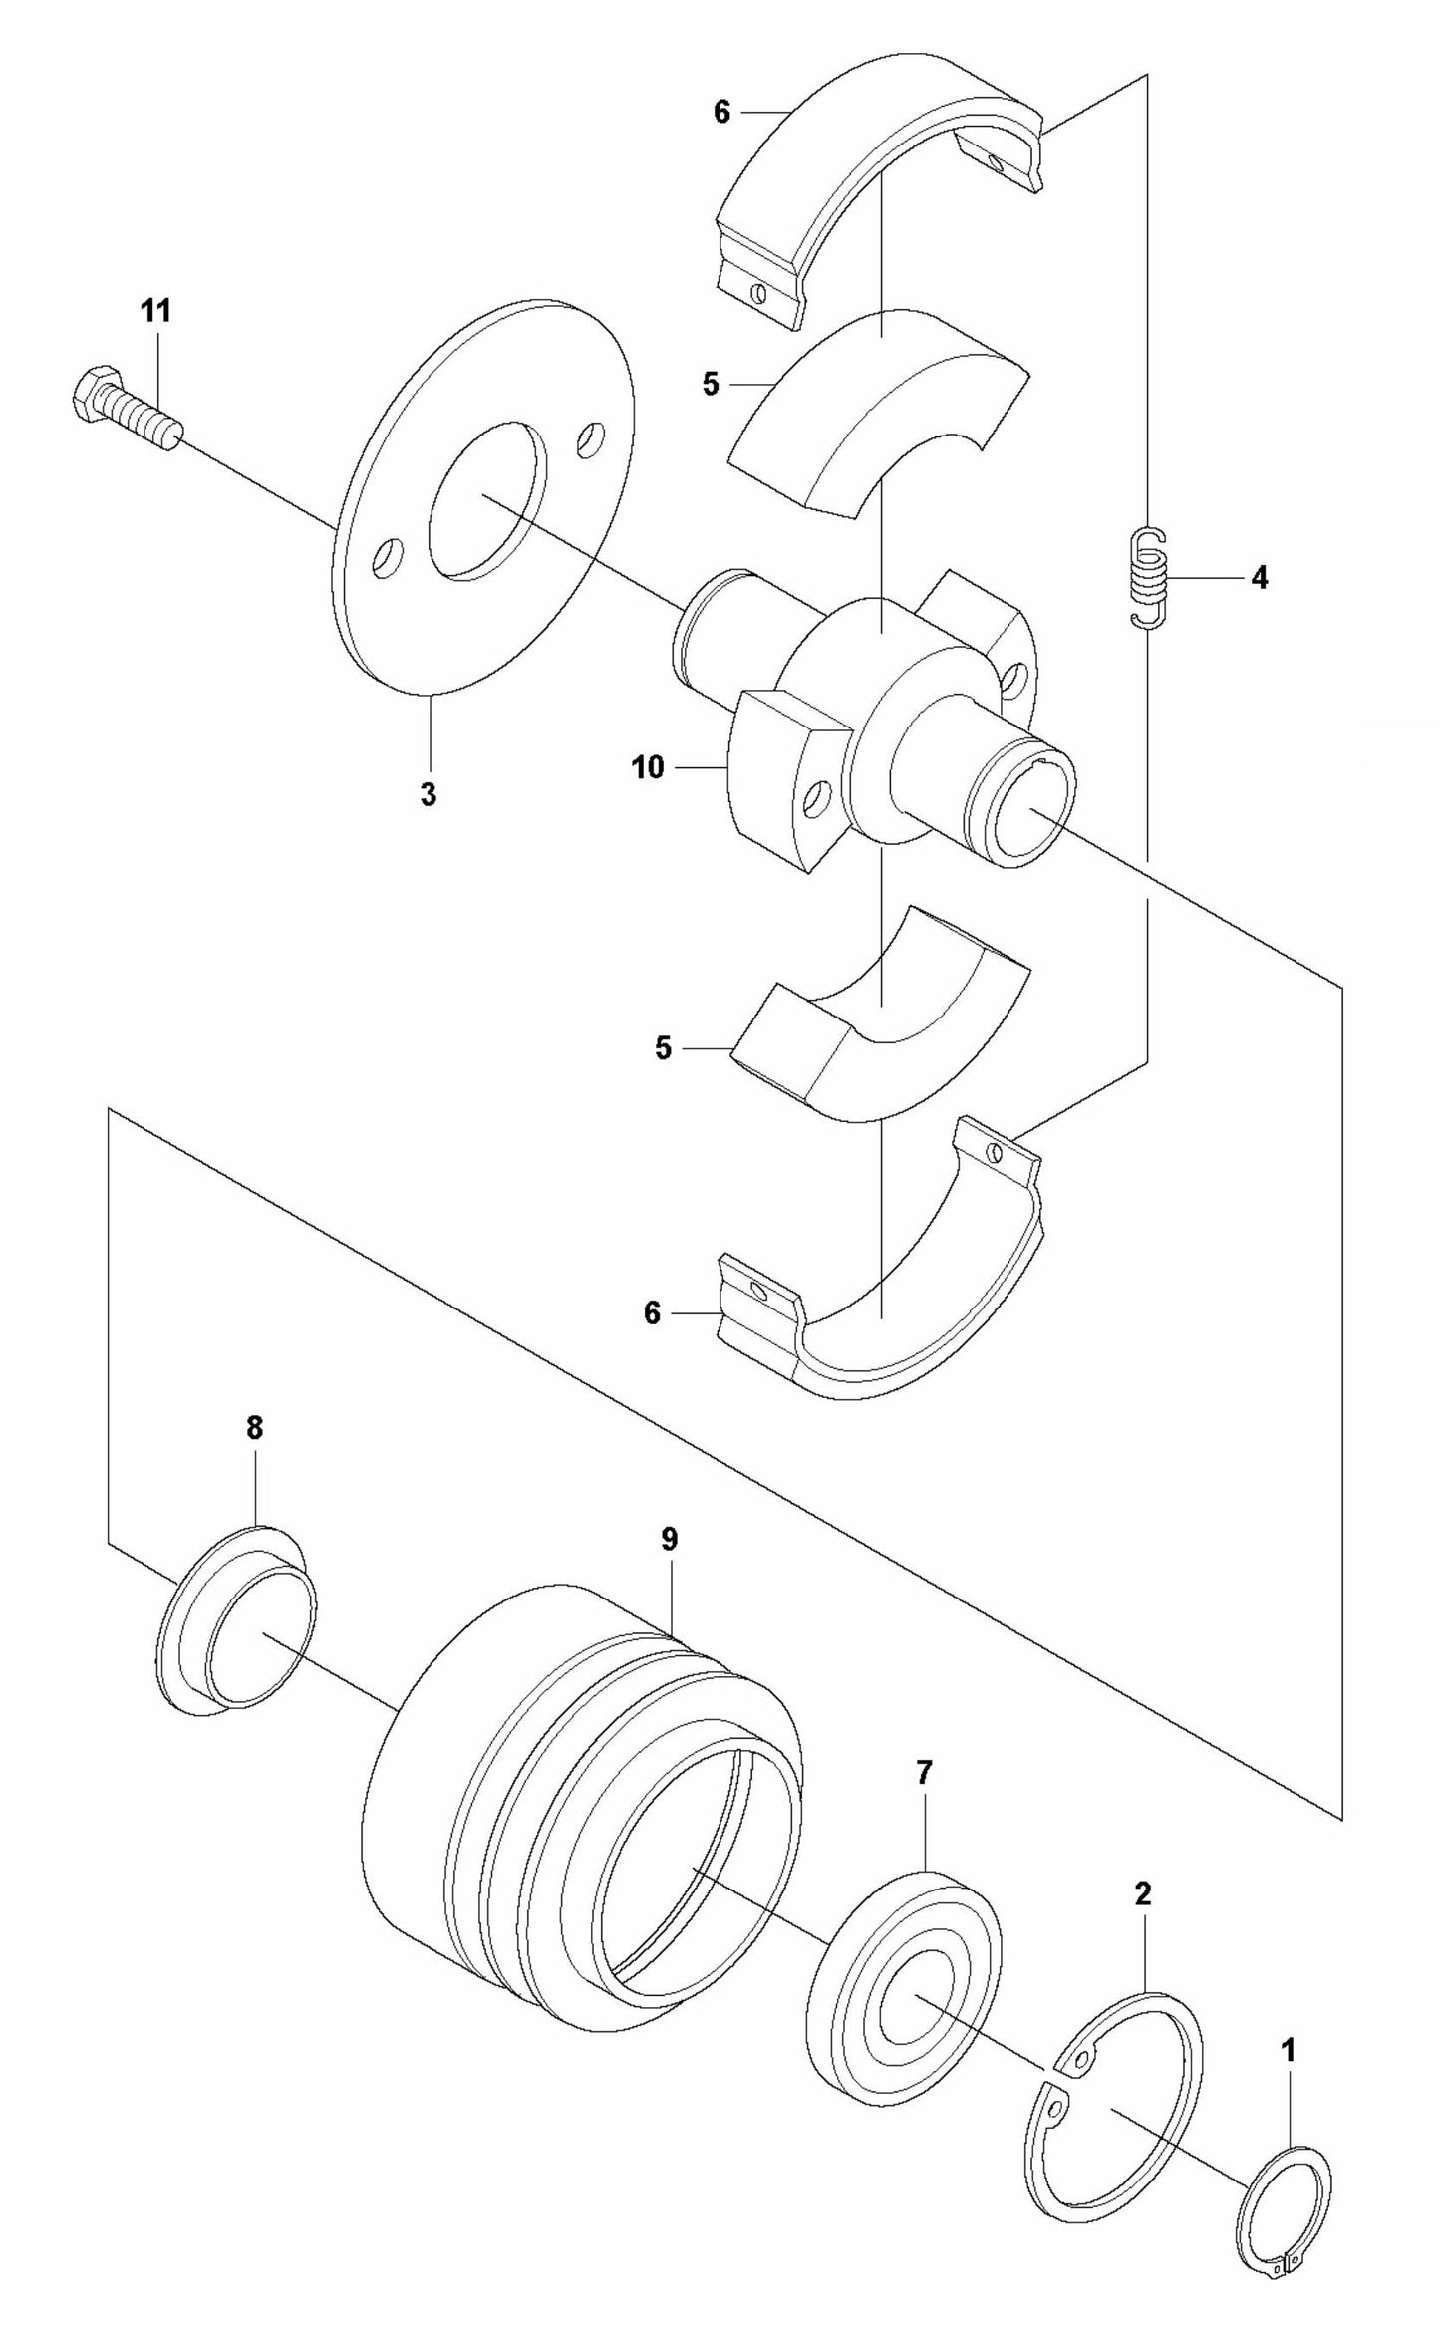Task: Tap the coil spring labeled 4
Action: pyautogui.click(x=1149, y=577)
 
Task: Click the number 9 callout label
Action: pyautogui.click(x=669, y=1539)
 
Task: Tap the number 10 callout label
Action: pyautogui.click(x=648, y=767)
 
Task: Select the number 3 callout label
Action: pyautogui.click(x=428, y=795)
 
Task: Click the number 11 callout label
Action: pyautogui.click(x=154, y=311)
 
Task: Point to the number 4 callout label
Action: pyautogui.click(x=1260, y=577)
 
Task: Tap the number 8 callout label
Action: pyautogui.click(x=254, y=1428)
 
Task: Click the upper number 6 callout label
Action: pyautogui.click(x=722, y=113)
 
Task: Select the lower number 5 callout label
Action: pyautogui.click(x=664, y=1048)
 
